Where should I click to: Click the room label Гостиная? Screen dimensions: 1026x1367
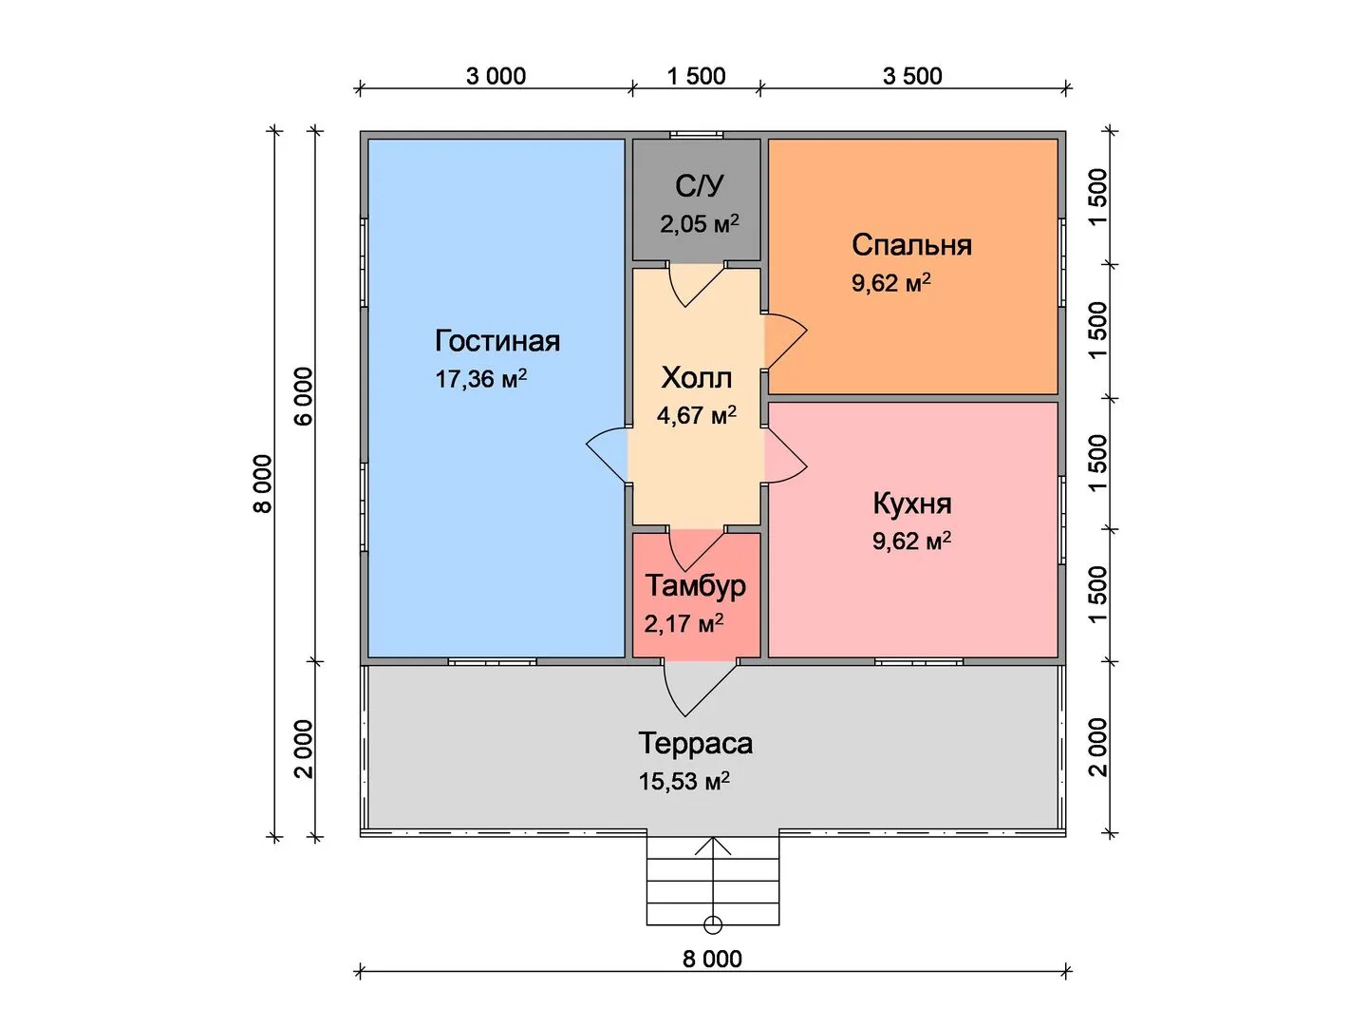[497, 341]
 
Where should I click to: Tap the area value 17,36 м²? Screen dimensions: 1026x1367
[480, 379]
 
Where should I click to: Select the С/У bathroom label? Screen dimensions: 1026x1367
[699, 186]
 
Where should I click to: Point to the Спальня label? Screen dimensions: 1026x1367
[911, 245]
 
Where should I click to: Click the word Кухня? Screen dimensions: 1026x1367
[911, 503]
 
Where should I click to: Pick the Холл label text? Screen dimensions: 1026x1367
[697, 378]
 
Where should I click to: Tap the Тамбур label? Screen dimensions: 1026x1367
[696, 585]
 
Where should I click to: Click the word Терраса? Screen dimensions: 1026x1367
[696, 743]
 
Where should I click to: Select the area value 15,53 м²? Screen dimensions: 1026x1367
[683, 782]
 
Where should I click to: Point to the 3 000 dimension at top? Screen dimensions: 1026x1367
[496, 76]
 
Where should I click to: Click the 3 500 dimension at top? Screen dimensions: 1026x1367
[912, 76]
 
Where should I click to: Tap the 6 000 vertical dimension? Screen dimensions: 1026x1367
[303, 397]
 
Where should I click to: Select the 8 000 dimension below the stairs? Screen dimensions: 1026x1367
[712, 959]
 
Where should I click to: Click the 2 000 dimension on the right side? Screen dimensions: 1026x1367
[1098, 747]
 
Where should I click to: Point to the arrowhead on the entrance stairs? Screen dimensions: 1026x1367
[713, 843]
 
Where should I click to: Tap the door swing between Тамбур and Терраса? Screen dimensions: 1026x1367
[693, 688]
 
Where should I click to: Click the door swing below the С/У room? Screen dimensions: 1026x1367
[693, 284]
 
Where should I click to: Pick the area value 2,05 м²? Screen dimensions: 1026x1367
[700, 224]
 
